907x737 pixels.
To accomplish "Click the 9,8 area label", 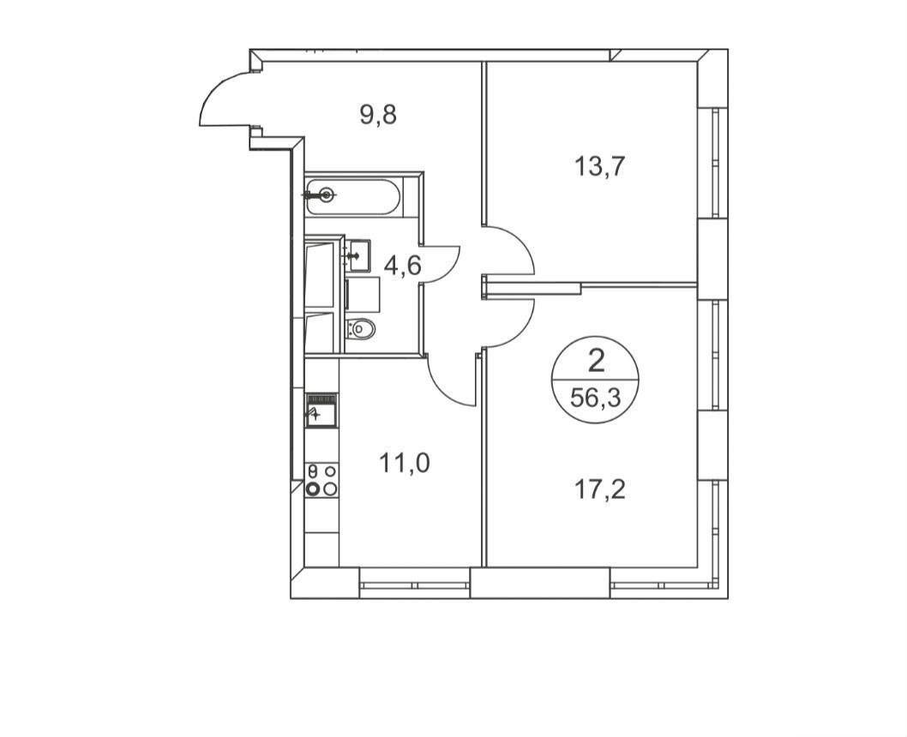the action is (378, 115).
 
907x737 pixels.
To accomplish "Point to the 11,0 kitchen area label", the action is (405, 463).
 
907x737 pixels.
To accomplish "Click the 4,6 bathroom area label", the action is (403, 267).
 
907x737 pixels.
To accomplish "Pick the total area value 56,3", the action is (595, 398).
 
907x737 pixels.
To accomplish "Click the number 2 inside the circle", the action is (596, 363).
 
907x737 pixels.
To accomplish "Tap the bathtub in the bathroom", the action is (353, 196).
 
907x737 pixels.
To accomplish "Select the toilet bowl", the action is (360, 329).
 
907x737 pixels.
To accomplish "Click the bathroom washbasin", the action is (358, 255).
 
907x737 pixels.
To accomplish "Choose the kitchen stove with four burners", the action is (321, 480).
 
